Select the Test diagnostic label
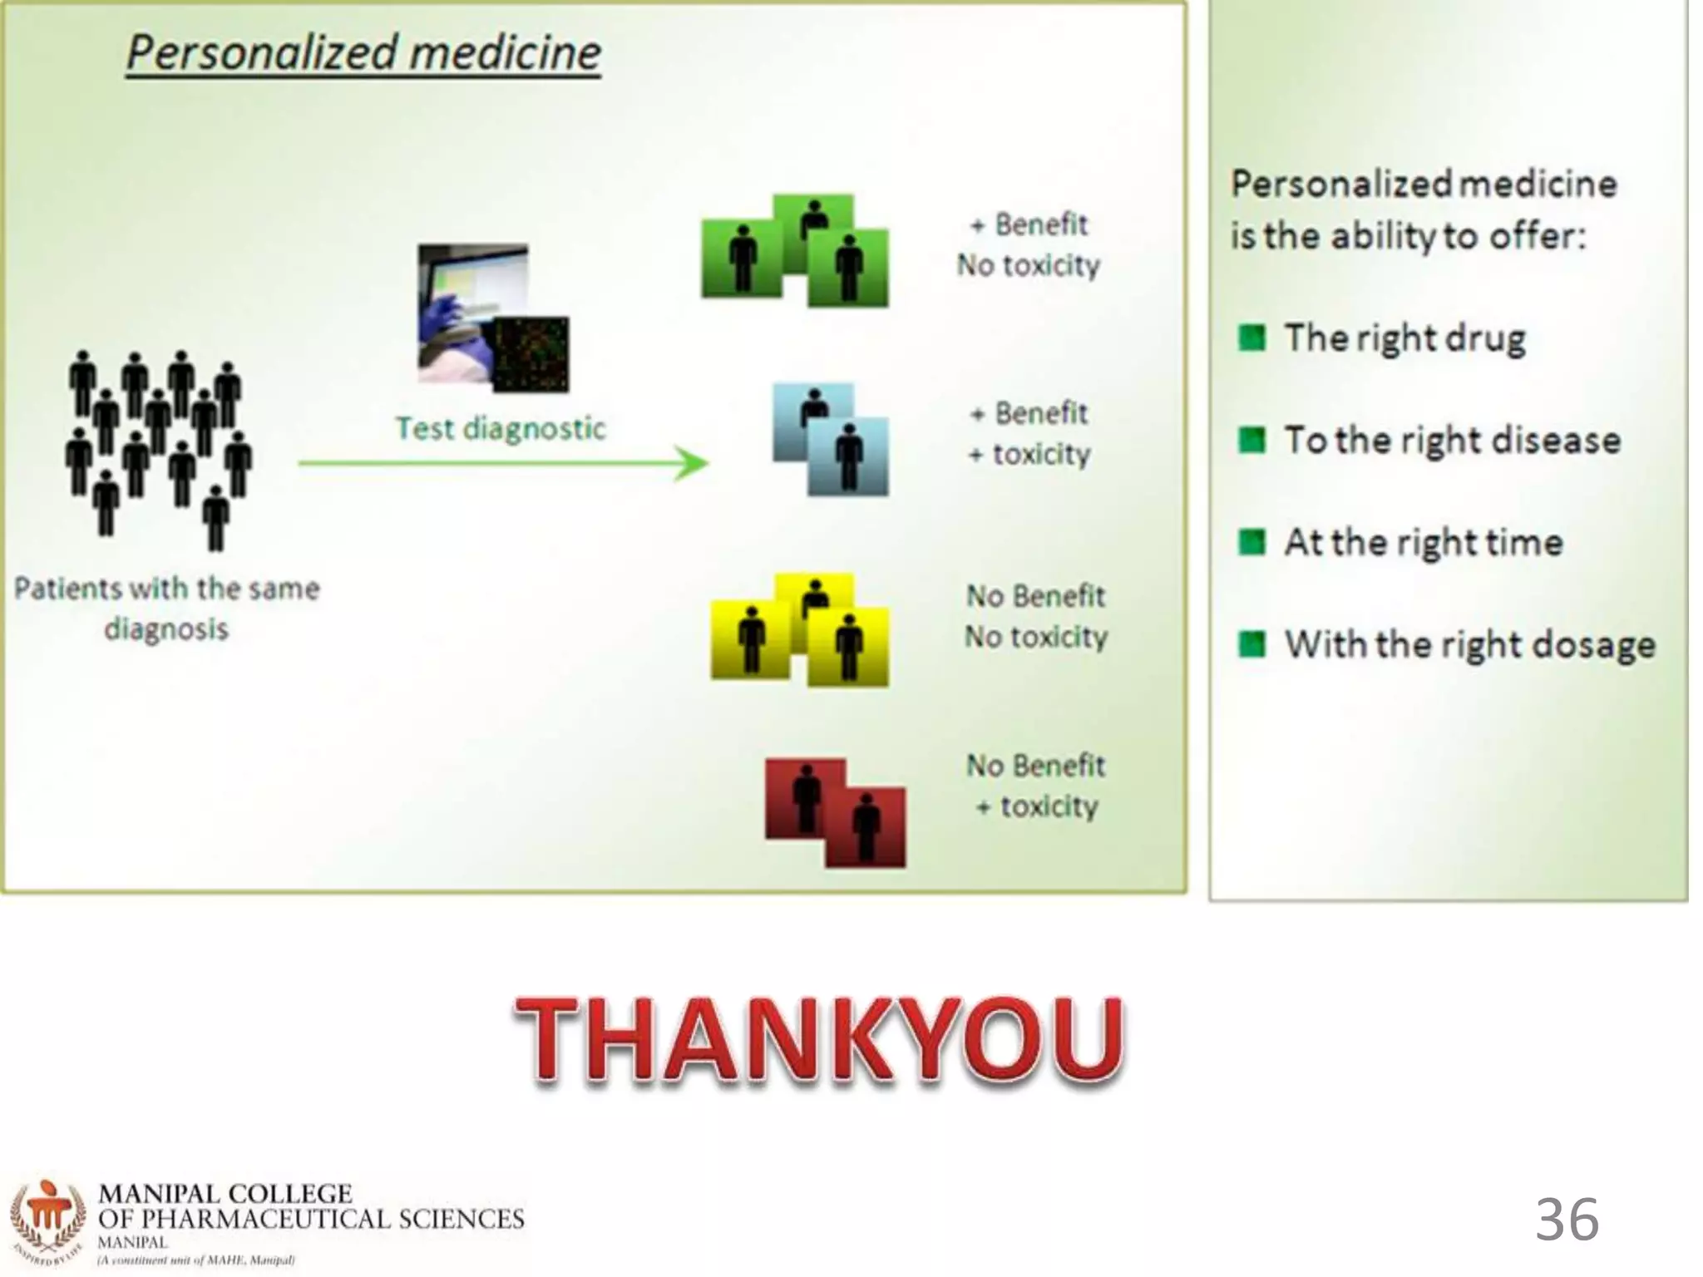500,429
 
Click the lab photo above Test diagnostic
492,318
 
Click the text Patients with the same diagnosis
166,609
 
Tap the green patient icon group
795,251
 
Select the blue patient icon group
831,439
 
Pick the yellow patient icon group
800,629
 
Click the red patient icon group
835,812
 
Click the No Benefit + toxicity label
1036,786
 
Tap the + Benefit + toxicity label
1029,433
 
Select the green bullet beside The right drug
1251,338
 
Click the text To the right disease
1452,441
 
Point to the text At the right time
1424,543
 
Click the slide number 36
1567,1219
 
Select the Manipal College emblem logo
48,1222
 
